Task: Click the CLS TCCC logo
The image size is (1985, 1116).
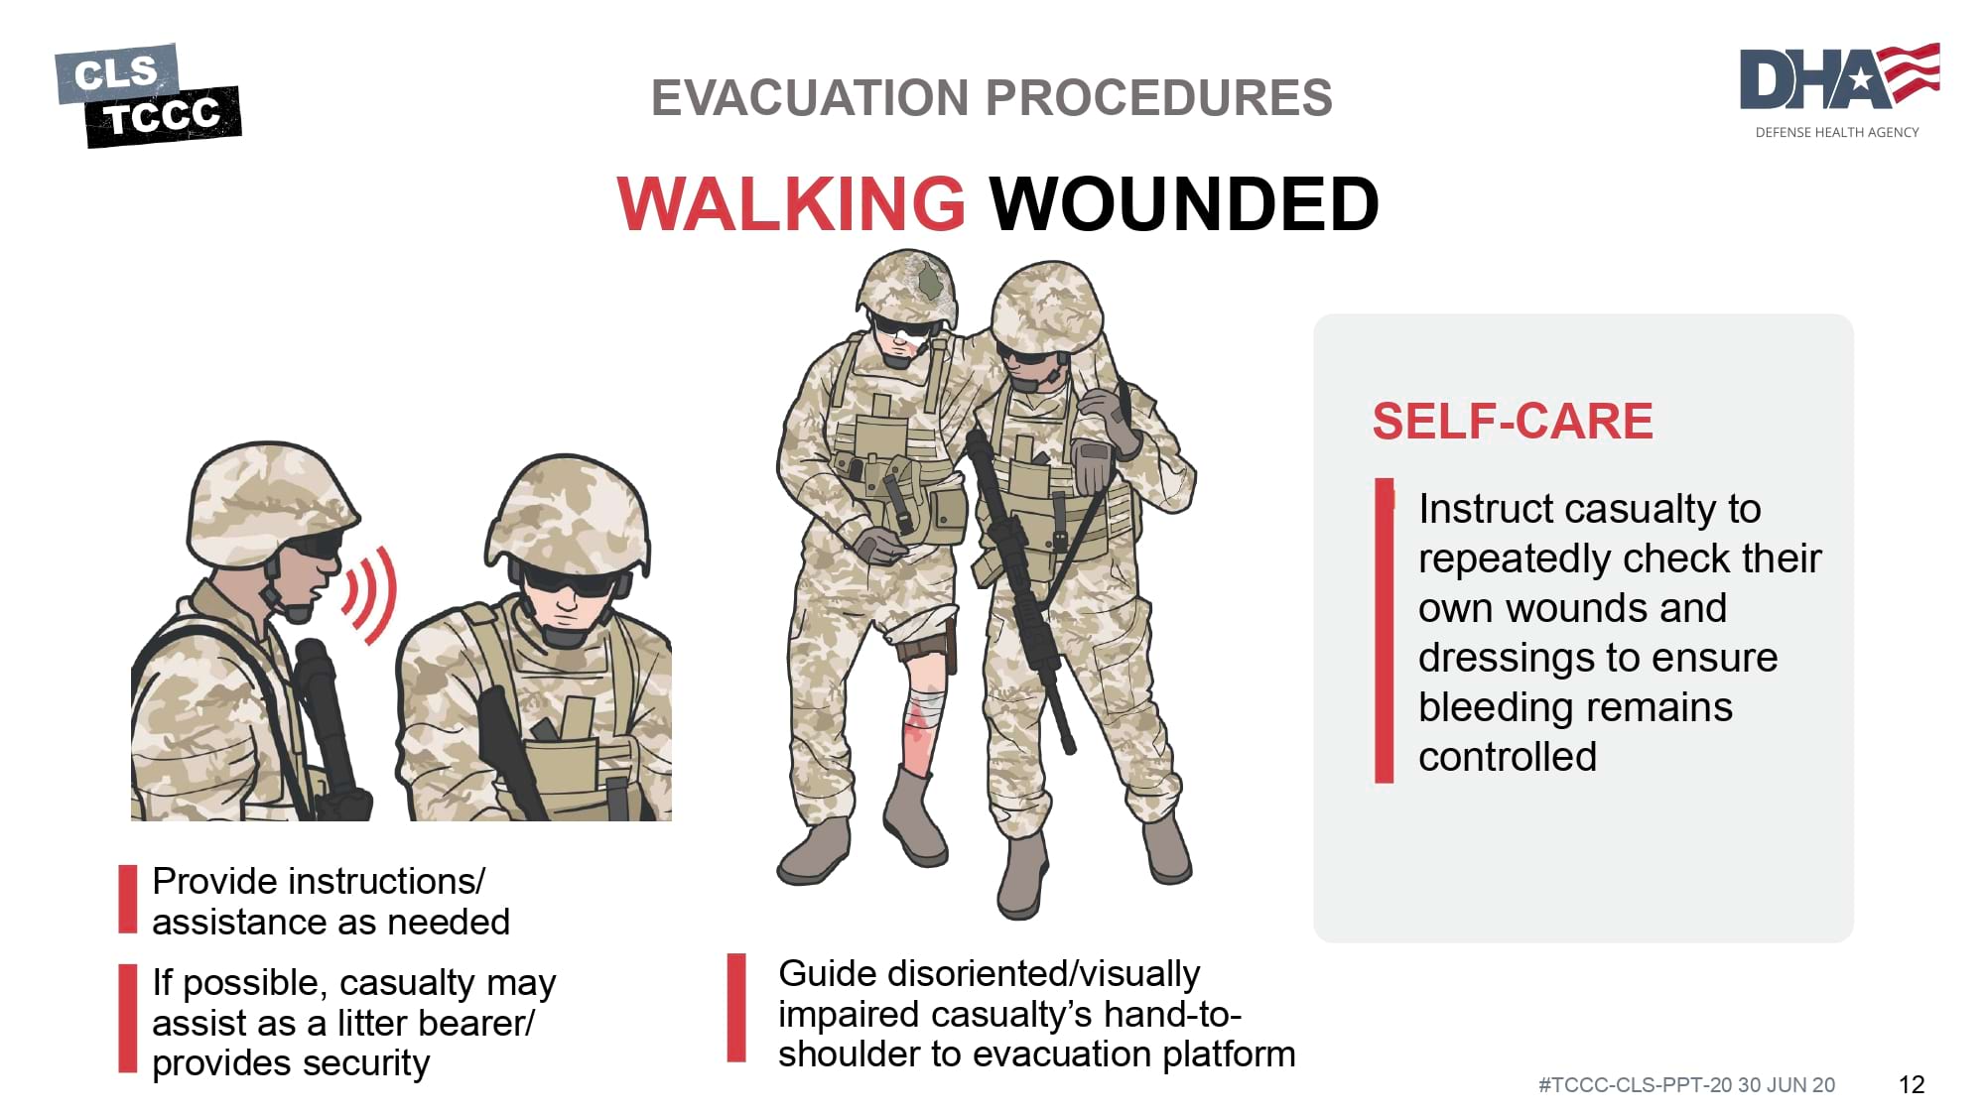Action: click(x=148, y=95)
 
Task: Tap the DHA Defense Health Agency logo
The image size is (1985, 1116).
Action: click(x=1839, y=90)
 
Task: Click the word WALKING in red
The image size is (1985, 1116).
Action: click(x=791, y=203)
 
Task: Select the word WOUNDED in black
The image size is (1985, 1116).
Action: click(x=1184, y=203)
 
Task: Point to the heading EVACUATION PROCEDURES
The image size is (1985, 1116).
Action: click(x=992, y=98)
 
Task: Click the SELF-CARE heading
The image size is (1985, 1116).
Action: click(x=1513, y=421)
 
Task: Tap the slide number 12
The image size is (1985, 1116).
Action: click(x=1912, y=1084)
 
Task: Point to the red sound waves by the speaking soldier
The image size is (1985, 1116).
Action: click(x=371, y=595)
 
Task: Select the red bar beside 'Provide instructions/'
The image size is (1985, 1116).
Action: click(x=128, y=899)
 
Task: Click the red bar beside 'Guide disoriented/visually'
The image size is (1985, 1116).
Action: click(x=736, y=1008)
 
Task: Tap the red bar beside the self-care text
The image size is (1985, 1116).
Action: click(x=1384, y=631)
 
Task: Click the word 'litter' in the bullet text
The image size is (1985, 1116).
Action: click(x=374, y=1023)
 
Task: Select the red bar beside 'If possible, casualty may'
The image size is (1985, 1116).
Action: click(x=128, y=1018)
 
